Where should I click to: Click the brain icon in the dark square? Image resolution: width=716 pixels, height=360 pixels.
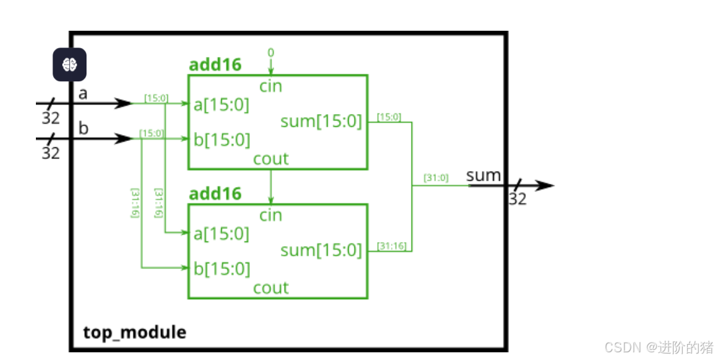tap(69, 64)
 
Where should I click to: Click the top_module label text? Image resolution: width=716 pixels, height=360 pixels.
tap(135, 332)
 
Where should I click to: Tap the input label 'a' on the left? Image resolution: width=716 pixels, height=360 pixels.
tap(83, 94)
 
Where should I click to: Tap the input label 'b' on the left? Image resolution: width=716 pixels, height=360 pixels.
tap(83, 128)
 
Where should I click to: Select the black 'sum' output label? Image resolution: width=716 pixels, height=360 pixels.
tap(483, 176)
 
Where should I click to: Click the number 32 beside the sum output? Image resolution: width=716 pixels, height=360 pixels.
tap(517, 199)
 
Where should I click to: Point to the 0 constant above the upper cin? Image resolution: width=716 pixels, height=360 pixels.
tap(271, 52)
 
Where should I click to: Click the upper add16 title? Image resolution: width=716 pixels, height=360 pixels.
tap(215, 65)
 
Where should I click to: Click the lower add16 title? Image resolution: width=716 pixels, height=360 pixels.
tap(215, 194)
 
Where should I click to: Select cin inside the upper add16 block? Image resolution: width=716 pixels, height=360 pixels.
tap(271, 86)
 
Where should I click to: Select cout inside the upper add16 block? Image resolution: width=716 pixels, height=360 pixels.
tap(271, 159)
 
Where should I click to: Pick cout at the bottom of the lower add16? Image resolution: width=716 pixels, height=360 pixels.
tap(271, 288)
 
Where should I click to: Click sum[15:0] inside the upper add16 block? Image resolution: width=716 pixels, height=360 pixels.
tap(321, 121)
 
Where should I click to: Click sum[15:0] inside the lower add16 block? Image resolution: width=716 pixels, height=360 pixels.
tap(321, 250)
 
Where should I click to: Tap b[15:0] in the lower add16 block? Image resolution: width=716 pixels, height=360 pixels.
tap(222, 268)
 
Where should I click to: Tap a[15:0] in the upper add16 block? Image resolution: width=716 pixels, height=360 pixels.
tap(222, 104)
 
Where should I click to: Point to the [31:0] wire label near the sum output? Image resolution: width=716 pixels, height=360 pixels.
tap(435, 178)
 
